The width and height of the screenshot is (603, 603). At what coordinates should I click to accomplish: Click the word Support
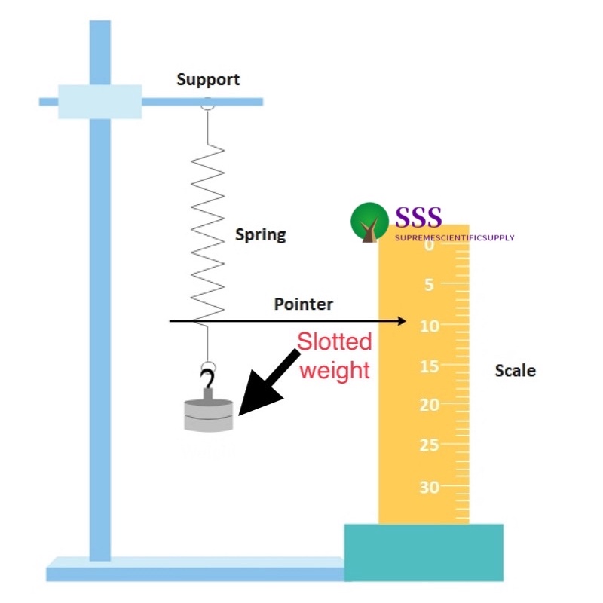click(x=208, y=79)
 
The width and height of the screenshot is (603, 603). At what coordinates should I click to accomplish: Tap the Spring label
click(x=260, y=234)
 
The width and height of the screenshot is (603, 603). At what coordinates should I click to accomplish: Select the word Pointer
click(x=303, y=305)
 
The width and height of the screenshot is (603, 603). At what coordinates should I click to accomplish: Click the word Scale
click(x=515, y=370)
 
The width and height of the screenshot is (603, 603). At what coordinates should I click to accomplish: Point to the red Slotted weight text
click(x=334, y=356)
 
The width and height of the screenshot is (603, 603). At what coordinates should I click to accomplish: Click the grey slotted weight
click(x=210, y=415)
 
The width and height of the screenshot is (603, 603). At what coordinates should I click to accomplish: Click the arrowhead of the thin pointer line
click(x=401, y=322)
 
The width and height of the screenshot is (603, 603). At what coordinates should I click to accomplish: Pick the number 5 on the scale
click(x=428, y=285)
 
